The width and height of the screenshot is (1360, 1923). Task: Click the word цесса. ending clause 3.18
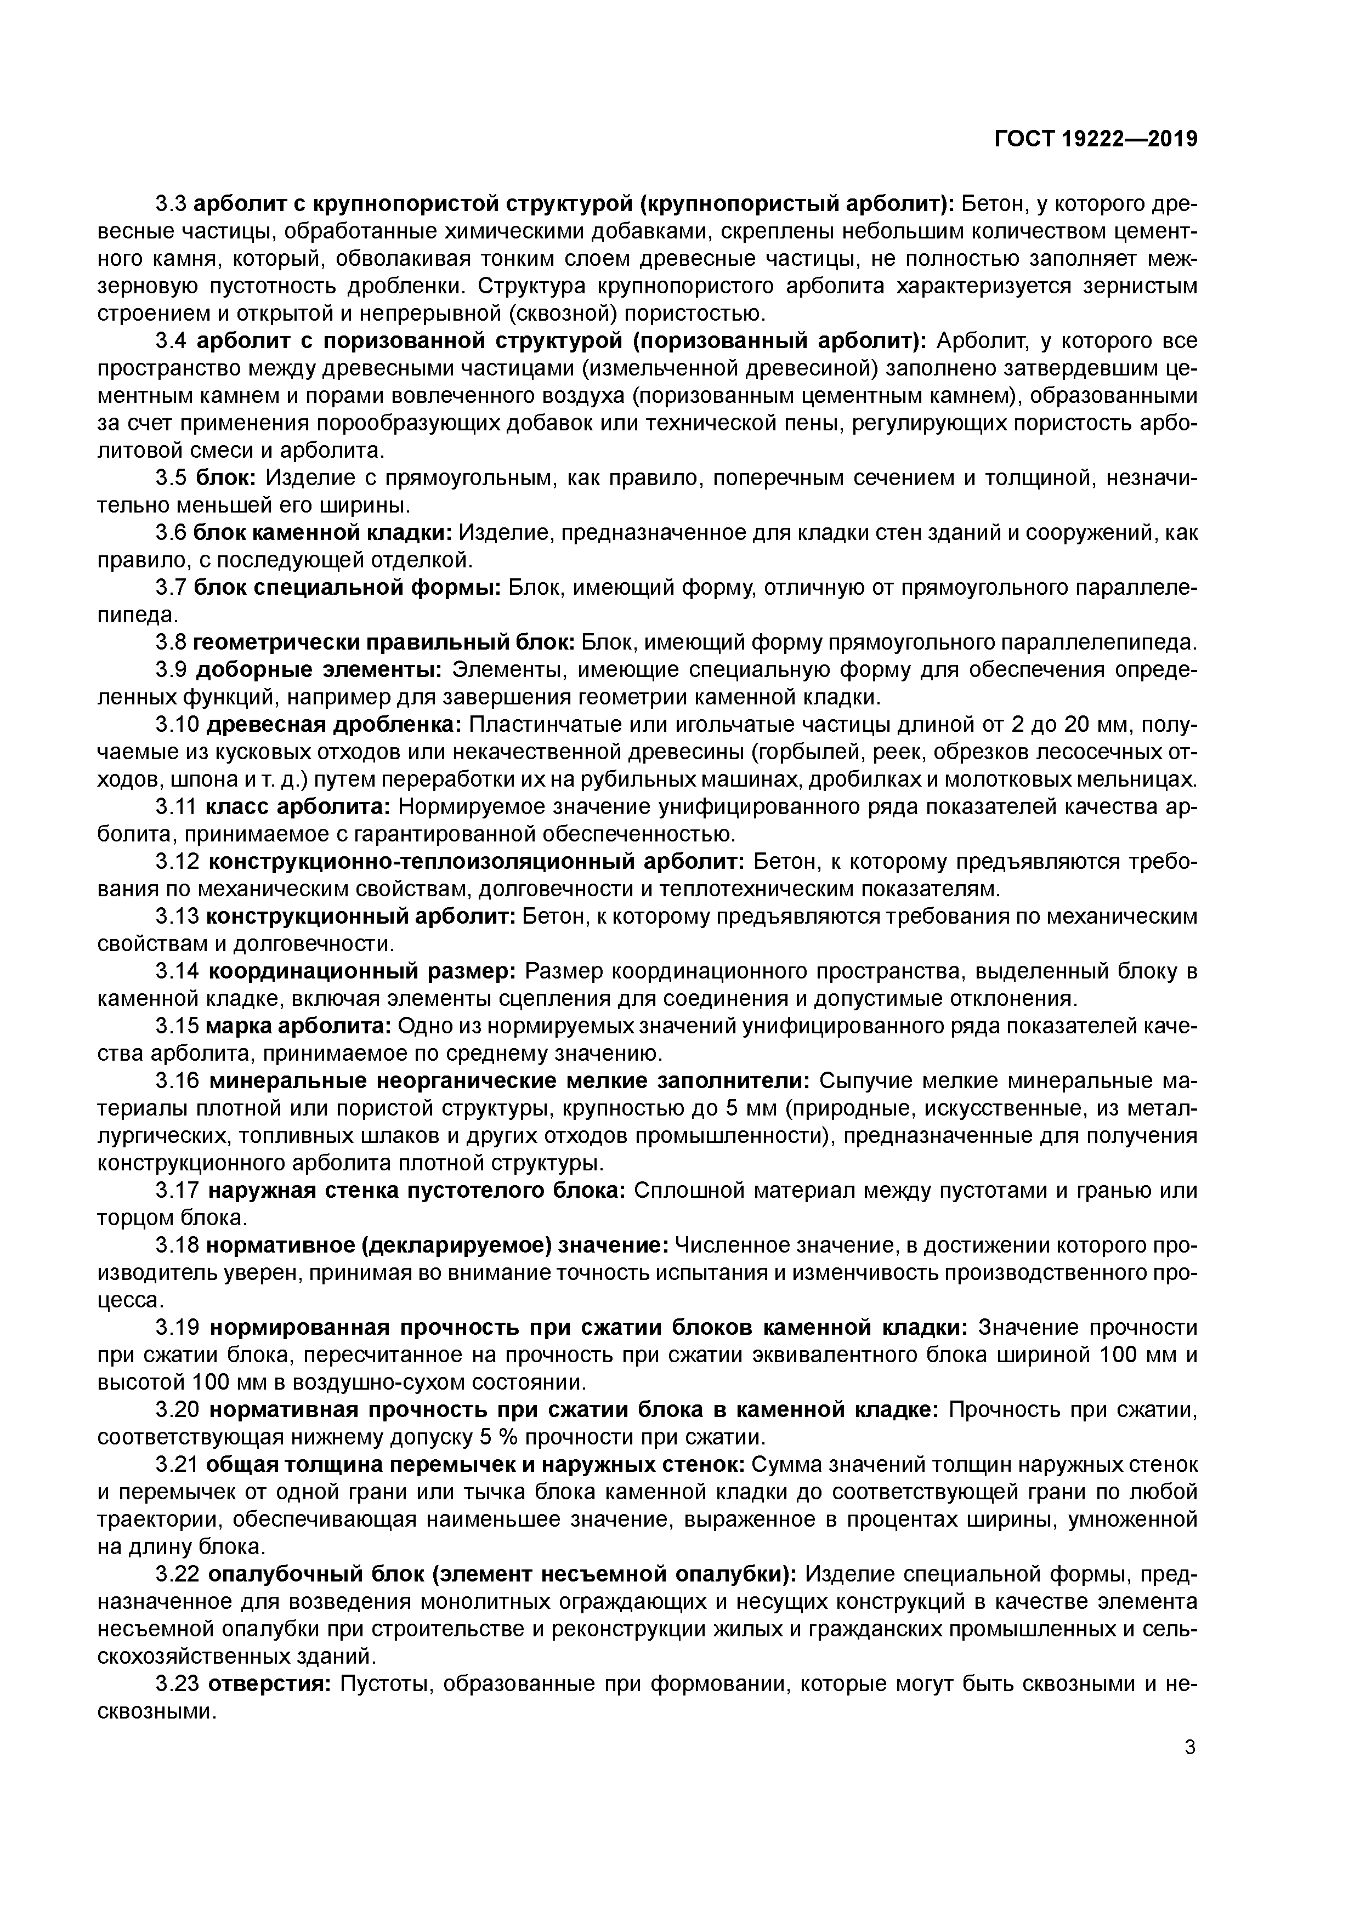click(127, 1301)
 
